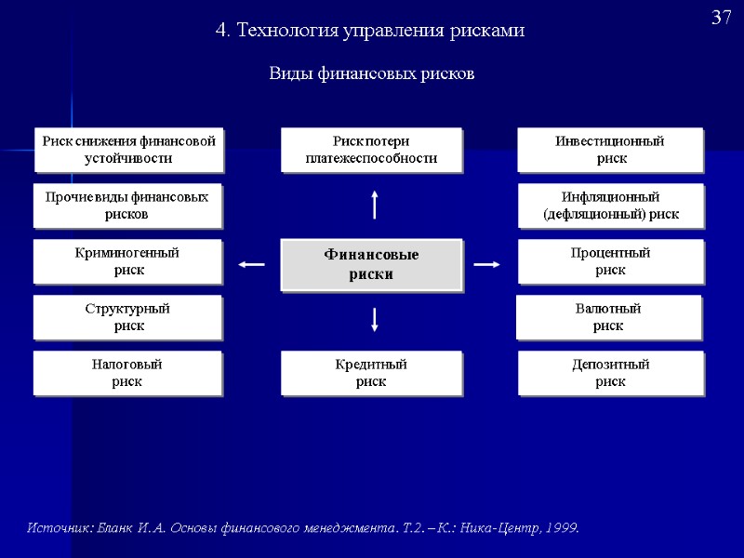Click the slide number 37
(722, 19)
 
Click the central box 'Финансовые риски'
(371, 265)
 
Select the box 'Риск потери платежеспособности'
(371, 150)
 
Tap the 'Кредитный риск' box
(371, 373)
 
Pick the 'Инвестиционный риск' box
(610, 150)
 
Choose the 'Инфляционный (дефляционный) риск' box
(610, 206)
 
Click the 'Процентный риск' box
(610, 261)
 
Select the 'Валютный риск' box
(608, 317)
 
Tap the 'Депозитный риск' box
(610, 373)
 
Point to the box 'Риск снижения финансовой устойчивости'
(129, 150)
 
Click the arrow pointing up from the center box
(374, 205)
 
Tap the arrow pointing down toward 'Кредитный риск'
(374, 319)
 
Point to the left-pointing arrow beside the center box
(251, 265)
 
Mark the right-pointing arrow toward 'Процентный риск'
(486, 265)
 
